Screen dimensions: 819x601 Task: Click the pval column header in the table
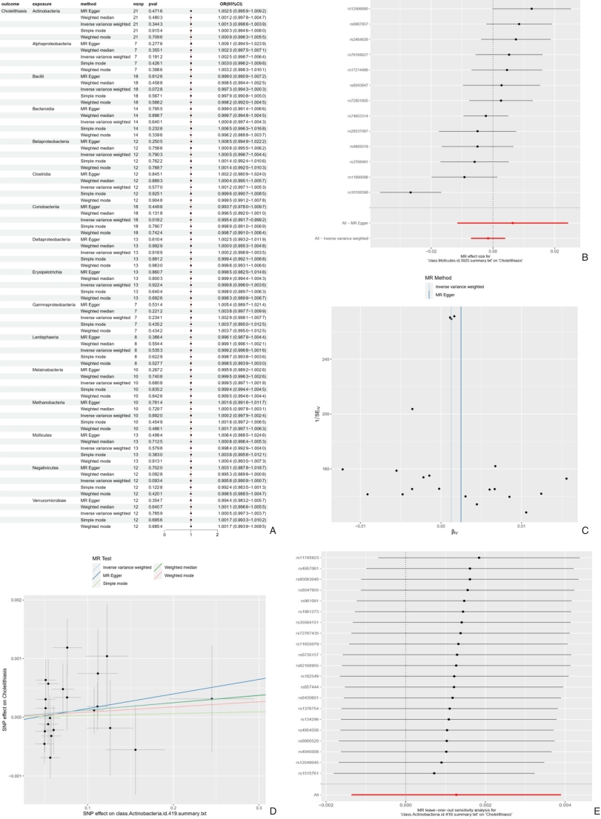(155, 4)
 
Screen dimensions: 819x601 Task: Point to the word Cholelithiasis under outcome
(14, 12)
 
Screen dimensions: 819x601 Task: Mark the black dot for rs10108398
(411, 193)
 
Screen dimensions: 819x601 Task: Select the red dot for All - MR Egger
(512, 223)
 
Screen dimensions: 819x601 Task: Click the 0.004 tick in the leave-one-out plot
(565, 802)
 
